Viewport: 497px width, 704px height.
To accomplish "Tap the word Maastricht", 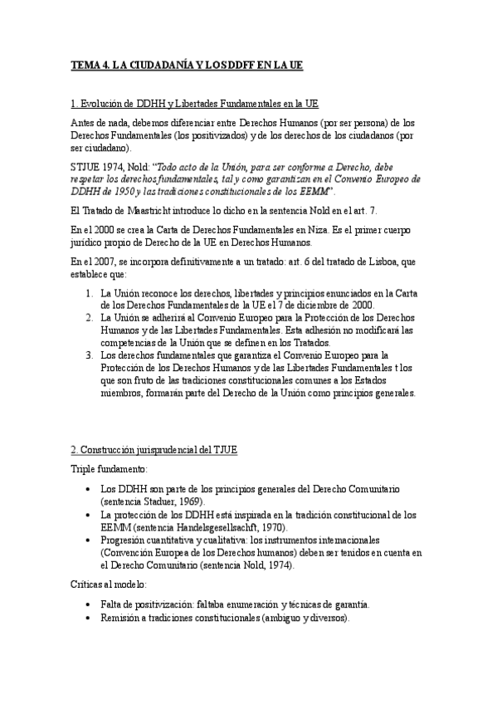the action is point(145,206).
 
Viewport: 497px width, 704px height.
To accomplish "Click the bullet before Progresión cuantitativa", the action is point(89,540).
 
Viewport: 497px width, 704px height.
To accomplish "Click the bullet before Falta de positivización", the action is point(89,605).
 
